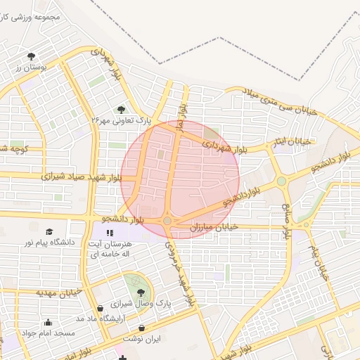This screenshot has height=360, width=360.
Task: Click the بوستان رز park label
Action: point(30,67)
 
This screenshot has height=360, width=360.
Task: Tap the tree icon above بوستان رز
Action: point(31,56)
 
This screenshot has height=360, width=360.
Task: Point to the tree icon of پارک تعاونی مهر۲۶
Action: point(122,109)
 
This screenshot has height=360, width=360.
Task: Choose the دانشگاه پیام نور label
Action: point(49,243)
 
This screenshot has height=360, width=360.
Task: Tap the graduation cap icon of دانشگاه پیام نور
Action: point(49,232)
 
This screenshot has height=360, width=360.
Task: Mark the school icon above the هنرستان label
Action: point(109,232)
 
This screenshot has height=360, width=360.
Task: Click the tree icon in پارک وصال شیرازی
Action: point(141,292)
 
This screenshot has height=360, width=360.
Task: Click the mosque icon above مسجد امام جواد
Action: point(48,323)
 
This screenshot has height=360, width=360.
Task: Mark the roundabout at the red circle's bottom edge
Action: point(167,221)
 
